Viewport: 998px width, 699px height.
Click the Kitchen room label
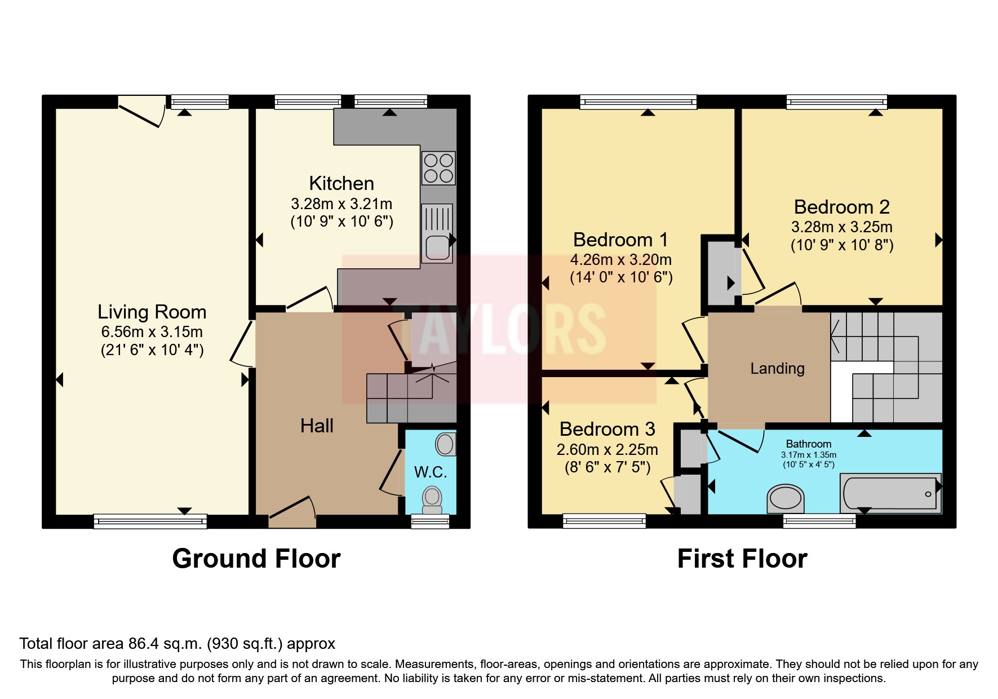[x=341, y=184]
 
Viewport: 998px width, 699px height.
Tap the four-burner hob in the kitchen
[x=438, y=168]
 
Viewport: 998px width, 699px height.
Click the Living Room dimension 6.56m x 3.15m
[x=152, y=332]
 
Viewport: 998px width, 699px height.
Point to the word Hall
[x=317, y=426]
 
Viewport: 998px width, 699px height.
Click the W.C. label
[x=431, y=472]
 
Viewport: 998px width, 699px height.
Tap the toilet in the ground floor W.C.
[x=432, y=499]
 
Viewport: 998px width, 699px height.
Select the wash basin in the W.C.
[x=445, y=444]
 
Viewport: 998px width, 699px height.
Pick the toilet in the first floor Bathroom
[x=786, y=498]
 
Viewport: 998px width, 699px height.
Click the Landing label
[x=777, y=369]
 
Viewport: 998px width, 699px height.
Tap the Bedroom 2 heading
[x=841, y=207]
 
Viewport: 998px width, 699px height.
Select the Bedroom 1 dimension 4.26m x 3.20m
[x=620, y=260]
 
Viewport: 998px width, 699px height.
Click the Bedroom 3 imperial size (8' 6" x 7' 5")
[x=607, y=467]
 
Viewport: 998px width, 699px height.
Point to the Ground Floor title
[x=256, y=559]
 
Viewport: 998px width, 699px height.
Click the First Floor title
[x=742, y=559]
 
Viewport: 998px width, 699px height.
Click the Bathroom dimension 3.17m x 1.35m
[x=808, y=455]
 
